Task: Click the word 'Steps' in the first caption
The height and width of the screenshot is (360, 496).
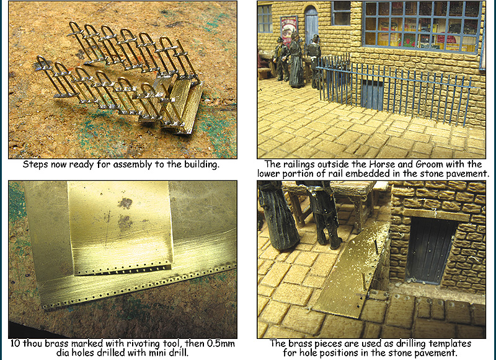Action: [x=33, y=165]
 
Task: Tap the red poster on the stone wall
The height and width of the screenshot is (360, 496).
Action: [x=288, y=30]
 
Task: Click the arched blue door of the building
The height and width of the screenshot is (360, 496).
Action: [x=311, y=25]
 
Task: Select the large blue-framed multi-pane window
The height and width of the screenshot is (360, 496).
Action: [x=423, y=27]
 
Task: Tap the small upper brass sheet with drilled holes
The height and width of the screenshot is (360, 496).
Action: [x=120, y=228]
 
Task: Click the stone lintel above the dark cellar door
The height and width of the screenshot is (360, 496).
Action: [x=436, y=214]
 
